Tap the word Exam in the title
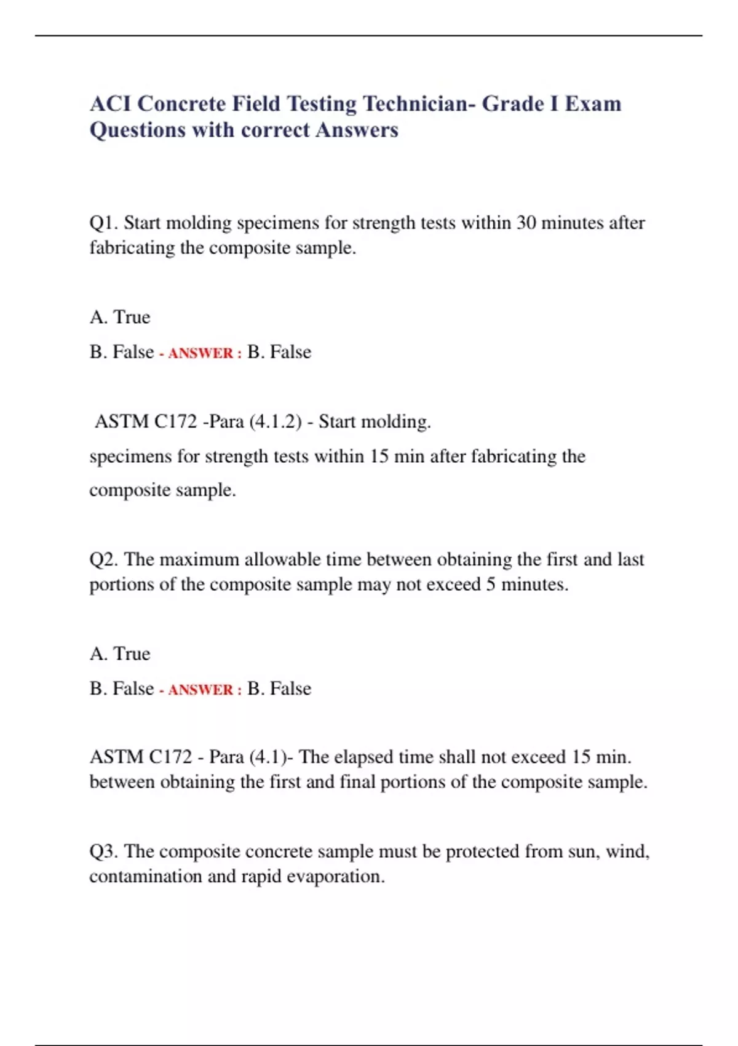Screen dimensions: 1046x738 point(592,103)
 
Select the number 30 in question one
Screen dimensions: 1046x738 point(526,222)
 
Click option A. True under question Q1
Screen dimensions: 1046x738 point(120,317)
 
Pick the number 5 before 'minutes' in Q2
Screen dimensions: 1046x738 point(491,584)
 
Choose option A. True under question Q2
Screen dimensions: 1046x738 point(120,653)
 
